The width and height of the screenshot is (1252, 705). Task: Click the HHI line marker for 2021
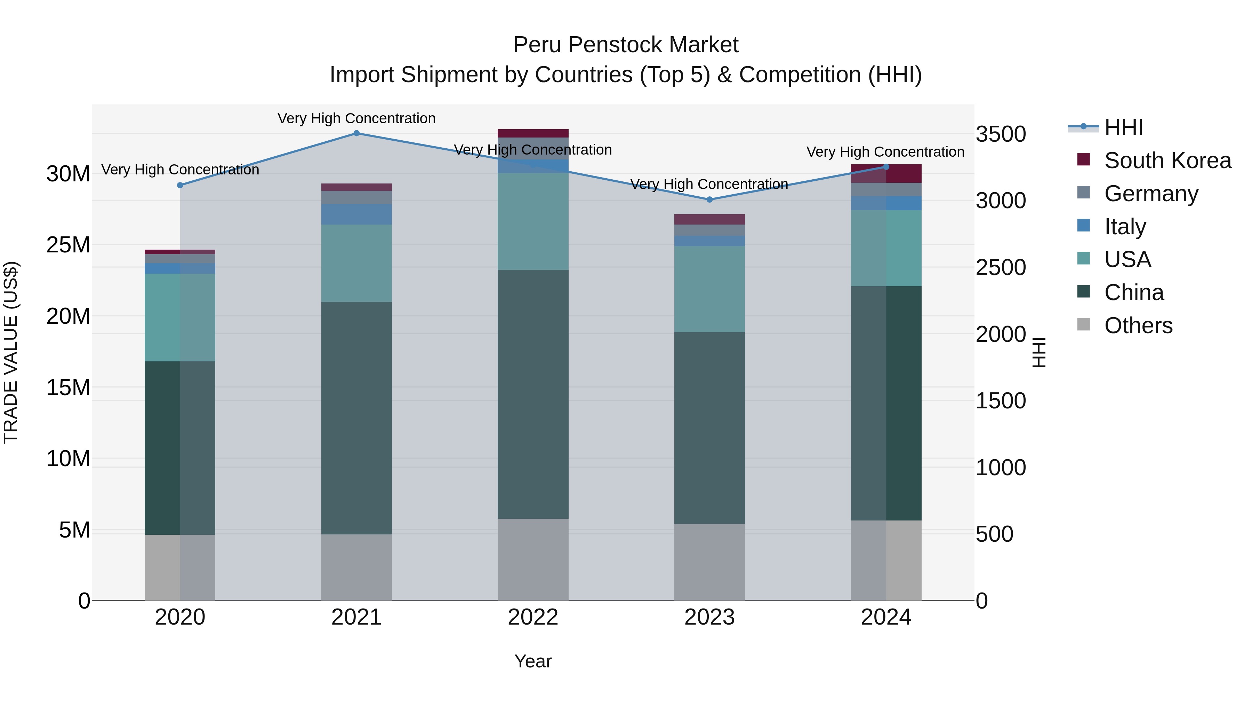356,133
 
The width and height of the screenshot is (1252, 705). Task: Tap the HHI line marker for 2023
709,199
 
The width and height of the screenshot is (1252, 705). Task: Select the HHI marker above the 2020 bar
180,185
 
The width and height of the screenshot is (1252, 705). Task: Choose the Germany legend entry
1150,194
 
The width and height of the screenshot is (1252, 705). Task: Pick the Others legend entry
1138,326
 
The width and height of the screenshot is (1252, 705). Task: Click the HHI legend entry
1123,127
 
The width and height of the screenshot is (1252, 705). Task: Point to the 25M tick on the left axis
68,245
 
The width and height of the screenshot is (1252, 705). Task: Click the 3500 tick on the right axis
1001,134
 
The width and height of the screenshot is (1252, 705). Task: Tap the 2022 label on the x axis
533,617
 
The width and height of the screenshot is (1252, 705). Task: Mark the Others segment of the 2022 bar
533,559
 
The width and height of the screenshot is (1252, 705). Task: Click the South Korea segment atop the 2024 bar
886,174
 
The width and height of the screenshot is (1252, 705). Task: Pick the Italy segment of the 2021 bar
356,214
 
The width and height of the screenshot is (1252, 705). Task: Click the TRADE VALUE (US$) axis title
11,352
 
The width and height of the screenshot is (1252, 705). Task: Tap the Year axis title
533,661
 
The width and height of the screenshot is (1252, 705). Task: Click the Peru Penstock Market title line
626,45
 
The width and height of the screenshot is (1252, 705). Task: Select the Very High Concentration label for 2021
356,118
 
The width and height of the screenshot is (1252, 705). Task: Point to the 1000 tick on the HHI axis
1001,468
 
